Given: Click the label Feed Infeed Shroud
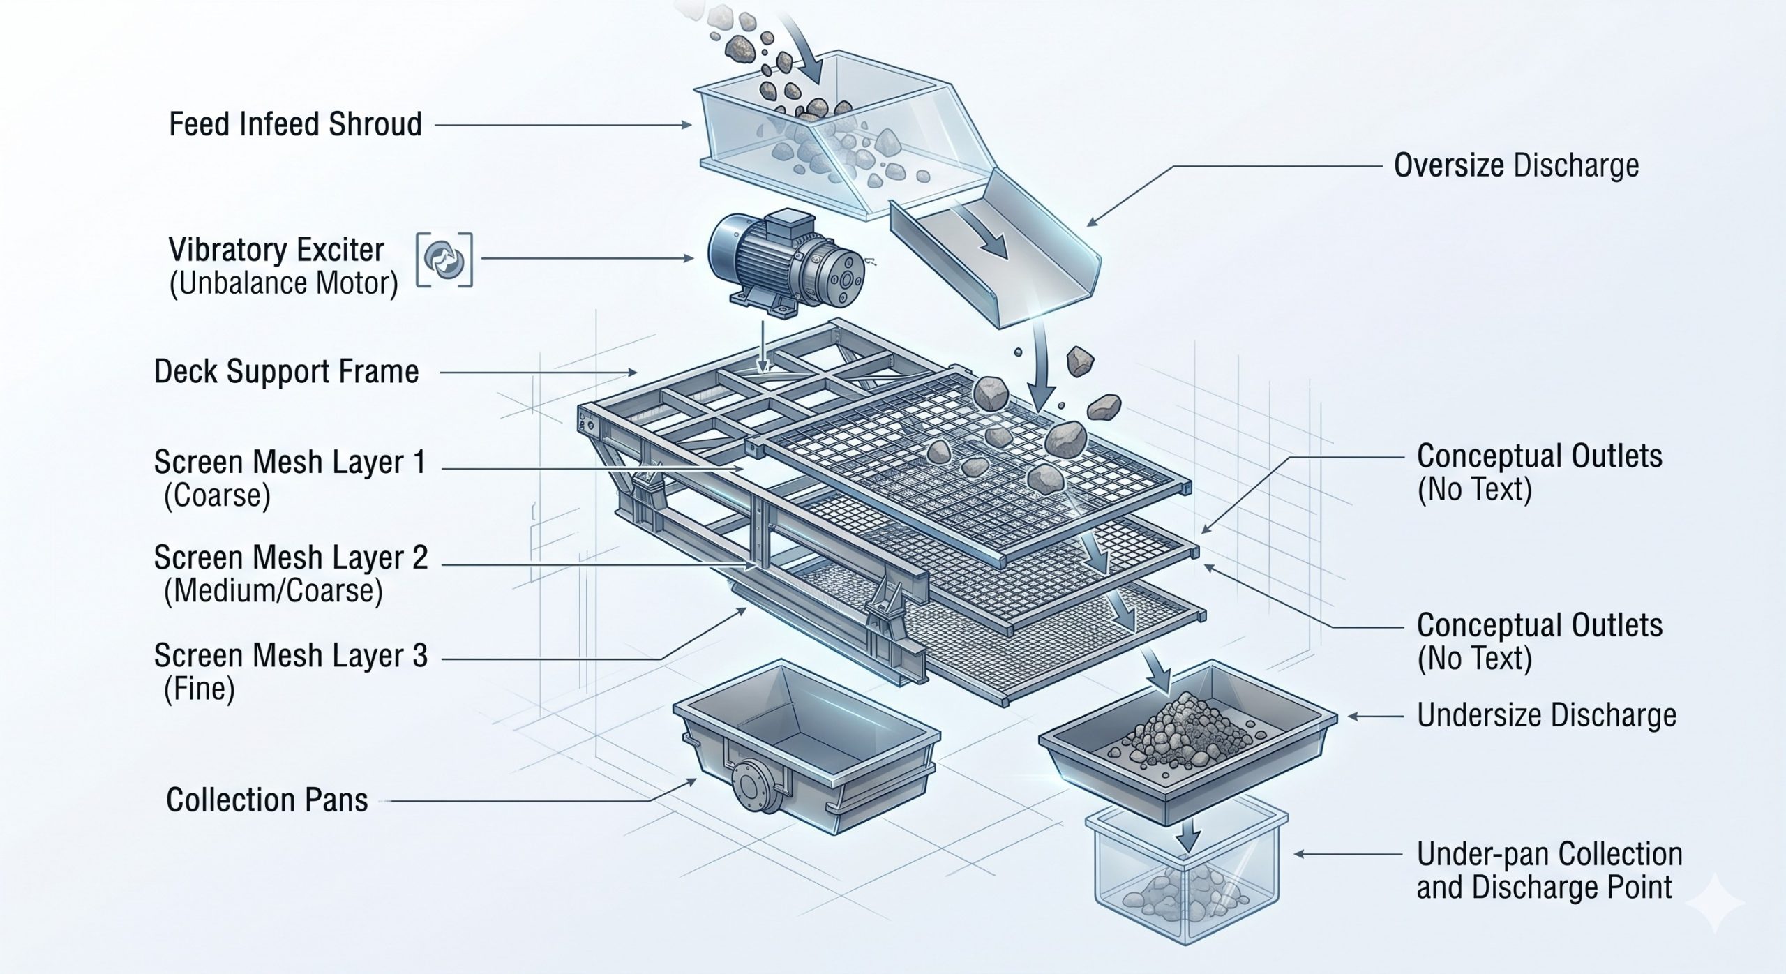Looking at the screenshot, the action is coord(295,124).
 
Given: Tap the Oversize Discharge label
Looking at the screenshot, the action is coord(1516,165).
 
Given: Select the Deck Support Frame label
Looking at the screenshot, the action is coord(286,372).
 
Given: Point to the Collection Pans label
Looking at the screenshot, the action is coord(267,800).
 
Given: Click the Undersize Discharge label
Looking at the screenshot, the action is coord(1547,715).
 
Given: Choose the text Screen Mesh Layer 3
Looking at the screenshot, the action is coord(290,657).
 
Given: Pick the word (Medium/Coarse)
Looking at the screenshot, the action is coord(273,591).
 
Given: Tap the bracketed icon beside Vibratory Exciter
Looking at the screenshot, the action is coord(444,260).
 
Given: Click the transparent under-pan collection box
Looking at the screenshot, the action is coord(1187,874).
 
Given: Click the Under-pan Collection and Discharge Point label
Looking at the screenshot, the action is coord(1549,870).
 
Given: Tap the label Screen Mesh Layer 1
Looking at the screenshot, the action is coord(290,462).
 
